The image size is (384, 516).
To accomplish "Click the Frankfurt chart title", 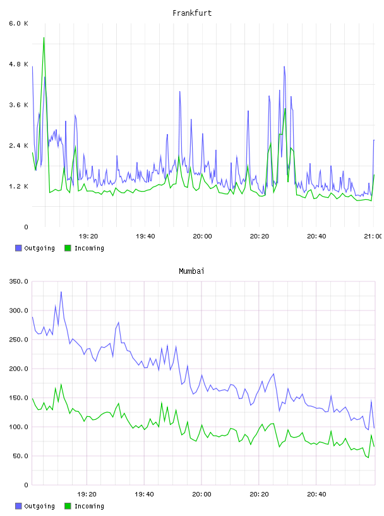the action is (192, 13).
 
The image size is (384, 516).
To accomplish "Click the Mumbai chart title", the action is (191, 271).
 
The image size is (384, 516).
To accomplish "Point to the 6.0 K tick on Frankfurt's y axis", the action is (18, 23).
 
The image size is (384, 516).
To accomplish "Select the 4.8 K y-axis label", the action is (18, 64).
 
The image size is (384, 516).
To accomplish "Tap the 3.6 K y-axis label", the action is (18, 105).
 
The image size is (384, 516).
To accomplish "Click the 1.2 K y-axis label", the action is (18, 187).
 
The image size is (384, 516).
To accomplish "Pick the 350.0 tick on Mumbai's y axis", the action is (18, 281).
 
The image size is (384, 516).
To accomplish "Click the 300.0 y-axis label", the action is (18, 310).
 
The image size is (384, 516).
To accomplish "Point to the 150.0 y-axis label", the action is (18, 398).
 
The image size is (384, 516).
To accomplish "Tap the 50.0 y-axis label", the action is (20, 456).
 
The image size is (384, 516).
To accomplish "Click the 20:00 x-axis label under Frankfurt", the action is (202, 236).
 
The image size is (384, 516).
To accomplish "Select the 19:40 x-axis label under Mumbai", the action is (144, 494).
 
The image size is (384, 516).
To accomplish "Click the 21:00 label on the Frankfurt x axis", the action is (373, 236).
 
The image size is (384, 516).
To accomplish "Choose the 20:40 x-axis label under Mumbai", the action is (316, 494).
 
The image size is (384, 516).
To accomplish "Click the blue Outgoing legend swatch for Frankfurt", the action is (18, 248).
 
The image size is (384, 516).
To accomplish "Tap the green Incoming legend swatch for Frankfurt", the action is (68, 248).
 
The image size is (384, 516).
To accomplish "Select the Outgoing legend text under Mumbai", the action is (39, 506).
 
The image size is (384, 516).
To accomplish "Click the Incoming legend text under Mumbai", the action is (89, 506).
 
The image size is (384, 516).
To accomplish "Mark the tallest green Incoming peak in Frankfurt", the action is (44, 38).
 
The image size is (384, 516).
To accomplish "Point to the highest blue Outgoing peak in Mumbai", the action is (61, 292).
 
